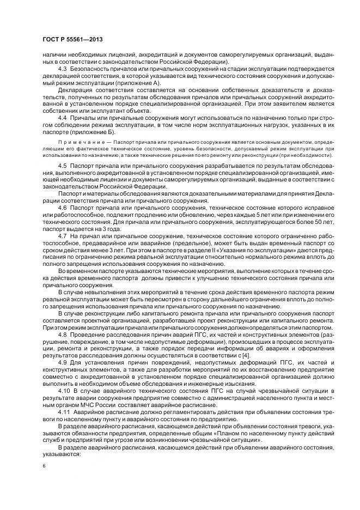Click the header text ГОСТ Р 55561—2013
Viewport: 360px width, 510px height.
pyautogui.click(x=72, y=40)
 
